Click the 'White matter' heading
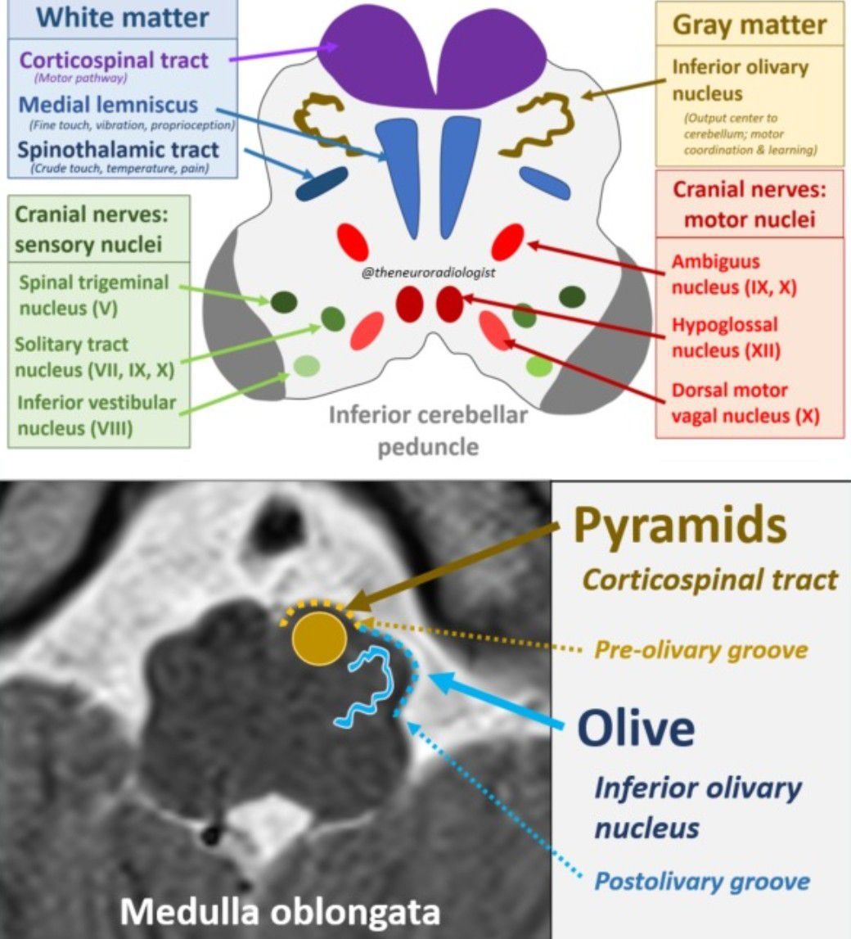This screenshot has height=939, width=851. pyautogui.click(x=122, y=18)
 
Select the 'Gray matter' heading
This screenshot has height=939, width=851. pyautogui.click(x=750, y=25)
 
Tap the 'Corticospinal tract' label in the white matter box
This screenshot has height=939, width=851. pyautogui.click(x=113, y=60)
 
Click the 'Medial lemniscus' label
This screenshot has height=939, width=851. pyautogui.click(x=108, y=105)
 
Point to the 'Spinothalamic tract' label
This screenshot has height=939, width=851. pyautogui.click(x=119, y=150)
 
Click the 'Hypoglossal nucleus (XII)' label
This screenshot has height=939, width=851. pyautogui.click(x=726, y=337)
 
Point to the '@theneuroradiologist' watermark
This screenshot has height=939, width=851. pyautogui.click(x=431, y=271)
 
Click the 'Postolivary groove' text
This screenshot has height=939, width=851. pyautogui.click(x=701, y=881)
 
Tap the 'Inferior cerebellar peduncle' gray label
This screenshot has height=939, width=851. pyautogui.click(x=428, y=431)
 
